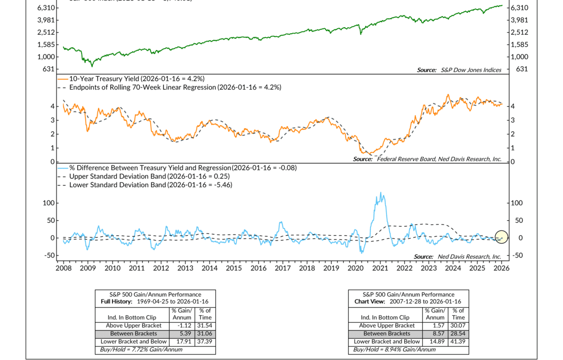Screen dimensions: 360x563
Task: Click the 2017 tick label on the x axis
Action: click(283, 268)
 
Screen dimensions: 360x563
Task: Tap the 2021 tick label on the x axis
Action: click(380, 268)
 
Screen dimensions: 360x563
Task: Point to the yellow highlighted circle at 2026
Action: click(502, 236)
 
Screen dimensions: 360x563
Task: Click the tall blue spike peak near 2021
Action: click(380, 193)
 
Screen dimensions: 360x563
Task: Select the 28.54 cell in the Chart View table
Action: click(457, 333)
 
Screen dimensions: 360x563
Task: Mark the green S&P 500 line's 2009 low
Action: click(92, 66)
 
